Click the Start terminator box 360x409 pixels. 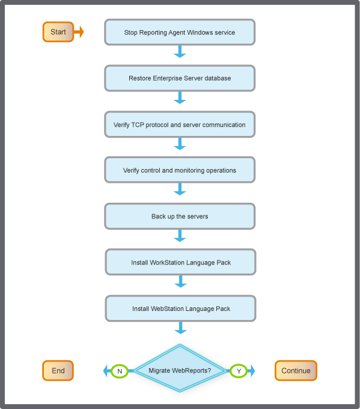(58, 32)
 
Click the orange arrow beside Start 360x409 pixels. (79, 32)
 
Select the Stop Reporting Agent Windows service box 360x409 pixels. (180, 32)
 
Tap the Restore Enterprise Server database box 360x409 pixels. (180, 78)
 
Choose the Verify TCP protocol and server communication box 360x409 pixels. (180, 125)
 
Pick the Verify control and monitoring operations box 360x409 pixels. (180, 170)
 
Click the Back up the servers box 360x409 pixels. (180, 216)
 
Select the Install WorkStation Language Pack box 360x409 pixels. (181, 262)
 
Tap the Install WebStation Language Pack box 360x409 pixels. (181, 309)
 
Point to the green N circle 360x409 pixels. (120, 371)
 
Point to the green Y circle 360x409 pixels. (239, 371)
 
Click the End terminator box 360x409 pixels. (58, 371)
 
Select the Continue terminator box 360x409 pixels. (296, 371)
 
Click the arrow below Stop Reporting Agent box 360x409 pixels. (180, 53)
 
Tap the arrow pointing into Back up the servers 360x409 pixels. (180, 191)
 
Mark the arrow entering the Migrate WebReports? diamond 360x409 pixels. (180, 328)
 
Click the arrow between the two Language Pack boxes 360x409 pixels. (180, 283)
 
